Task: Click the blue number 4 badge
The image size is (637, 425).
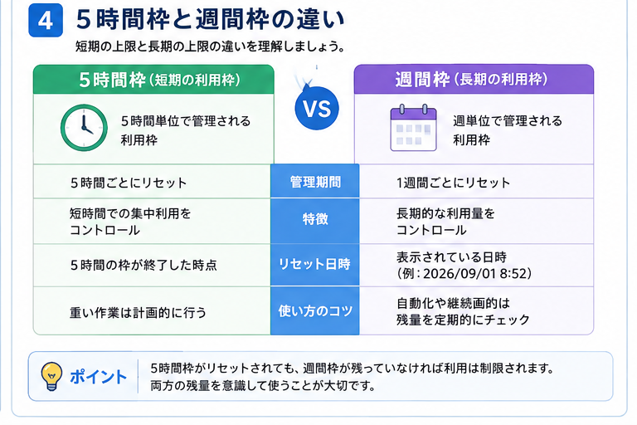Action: pyautogui.click(x=46, y=20)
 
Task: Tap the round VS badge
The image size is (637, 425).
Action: pyautogui.click(x=317, y=108)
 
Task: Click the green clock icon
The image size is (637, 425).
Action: pyautogui.click(x=84, y=128)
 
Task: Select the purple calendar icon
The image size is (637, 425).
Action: pyautogui.click(x=413, y=128)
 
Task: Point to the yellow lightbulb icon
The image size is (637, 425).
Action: pyautogui.click(x=51, y=377)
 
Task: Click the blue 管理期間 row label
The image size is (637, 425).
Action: pyautogui.click(x=315, y=182)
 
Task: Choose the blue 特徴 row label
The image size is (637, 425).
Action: pyautogui.click(x=315, y=219)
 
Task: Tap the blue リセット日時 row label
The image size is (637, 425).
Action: pyautogui.click(x=314, y=264)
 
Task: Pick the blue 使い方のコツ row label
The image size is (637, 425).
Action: pyautogui.click(x=315, y=311)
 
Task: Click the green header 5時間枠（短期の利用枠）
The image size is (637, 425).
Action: pyautogui.click(x=159, y=80)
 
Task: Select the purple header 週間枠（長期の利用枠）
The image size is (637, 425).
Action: pyautogui.click(x=471, y=80)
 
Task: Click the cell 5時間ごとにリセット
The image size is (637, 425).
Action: pyautogui.click(x=129, y=183)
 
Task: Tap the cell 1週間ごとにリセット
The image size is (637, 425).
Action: pyautogui.click(x=454, y=183)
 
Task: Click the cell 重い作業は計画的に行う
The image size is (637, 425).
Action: pyautogui.click(x=139, y=313)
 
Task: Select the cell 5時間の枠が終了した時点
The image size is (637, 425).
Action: pyautogui.click(x=143, y=265)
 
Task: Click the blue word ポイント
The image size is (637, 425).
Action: pyautogui.click(x=99, y=377)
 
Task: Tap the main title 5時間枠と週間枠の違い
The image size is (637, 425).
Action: pyautogui.click(x=211, y=19)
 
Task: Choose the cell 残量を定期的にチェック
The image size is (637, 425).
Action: pyautogui.click(x=463, y=320)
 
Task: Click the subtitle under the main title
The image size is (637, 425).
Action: pyautogui.click(x=211, y=46)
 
